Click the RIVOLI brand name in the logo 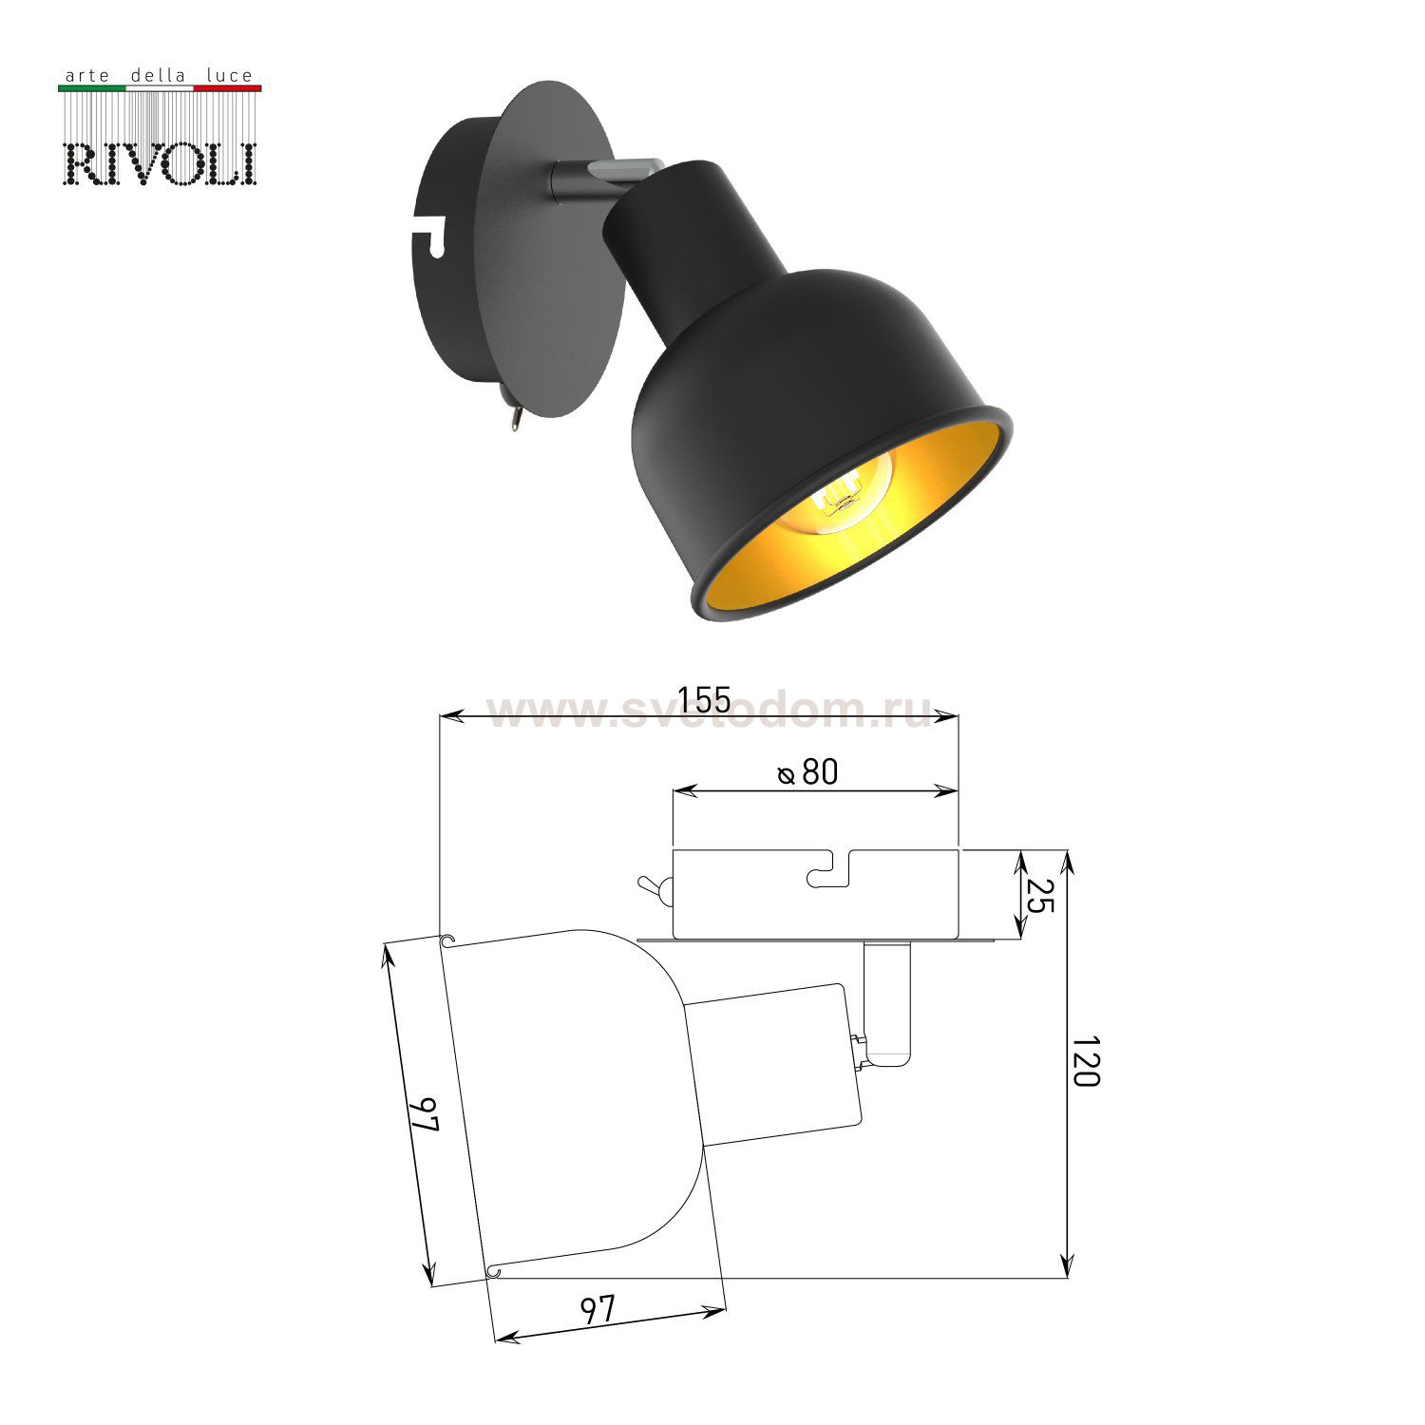pyautogui.click(x=160, y=163)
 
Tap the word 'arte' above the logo pyautogui.click(x=84, y=75)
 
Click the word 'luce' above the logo pyautogui.click(x=230, y=75)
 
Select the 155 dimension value pyautogui.click(x=704, y=700)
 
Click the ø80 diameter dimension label pyautogui.click(x=808, y=772)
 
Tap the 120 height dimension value pyautogui.click(x=1085, y=1062)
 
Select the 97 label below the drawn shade pyautogui.click(x=598, y=1310)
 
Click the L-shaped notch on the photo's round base pyautogui.click(x=430, y=234)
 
